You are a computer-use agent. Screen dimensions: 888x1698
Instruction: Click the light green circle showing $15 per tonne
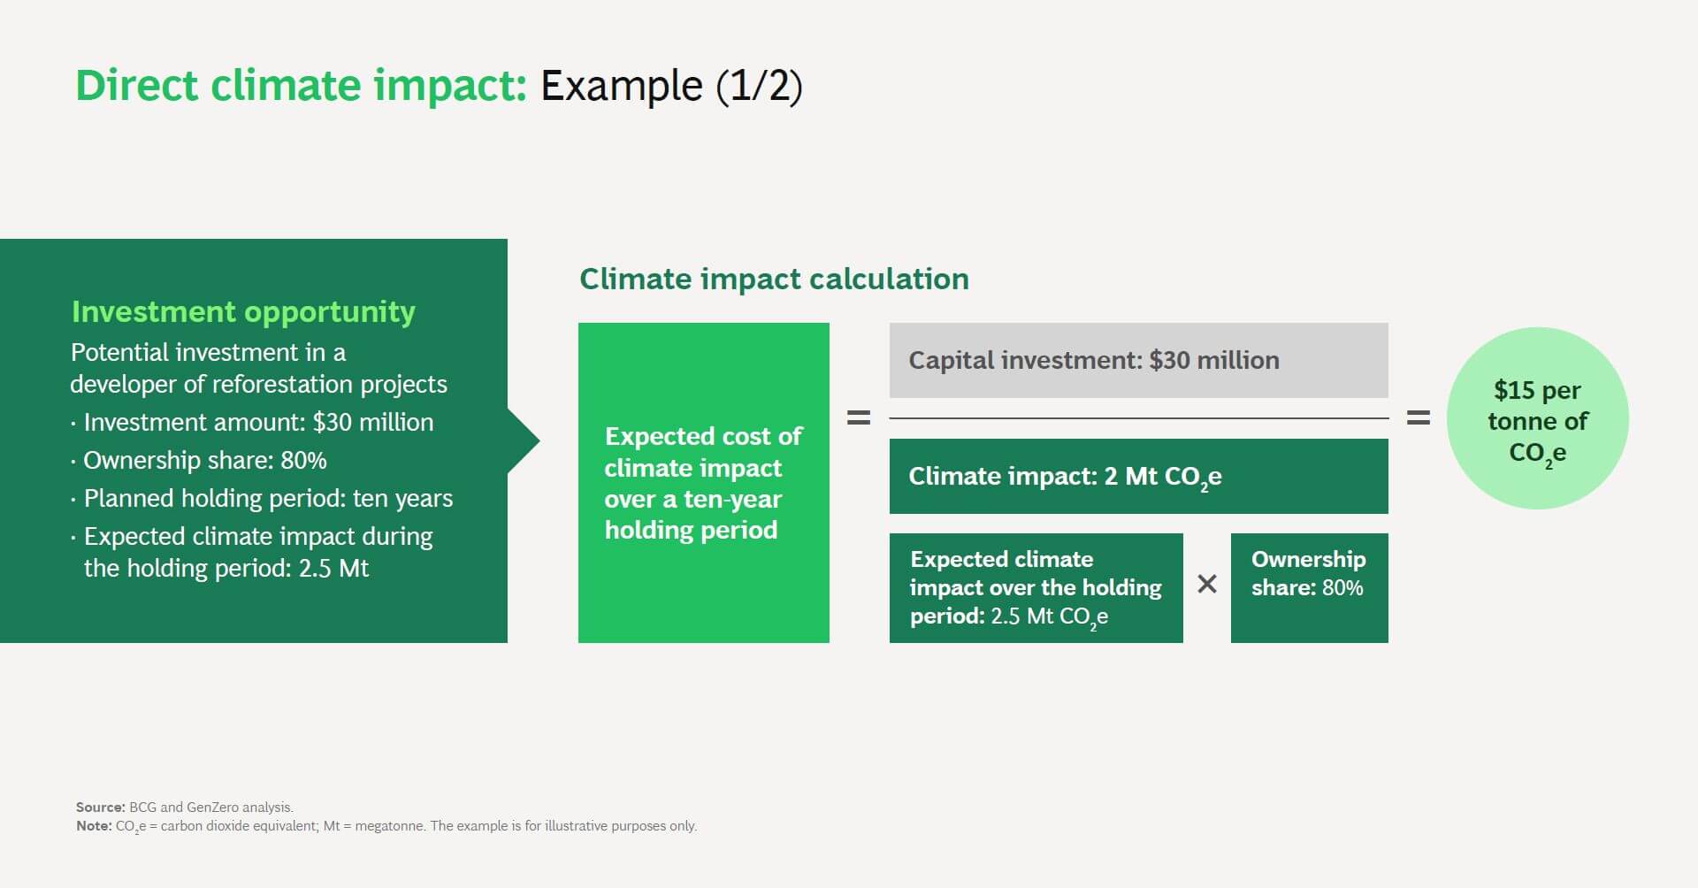pyautogui.click(x=1537, y=419)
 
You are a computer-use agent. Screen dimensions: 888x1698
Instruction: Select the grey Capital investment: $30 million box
pyautogui.click(x=1138, y=360)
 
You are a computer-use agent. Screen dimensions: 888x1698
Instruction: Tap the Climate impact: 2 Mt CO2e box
pyautogui.click(x=1138, y=476)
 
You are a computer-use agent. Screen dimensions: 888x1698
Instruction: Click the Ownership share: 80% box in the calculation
pyautogui.click(x=1309, y=587)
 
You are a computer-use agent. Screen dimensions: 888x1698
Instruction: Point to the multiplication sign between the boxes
pyautogui.click(x=1207, y=584)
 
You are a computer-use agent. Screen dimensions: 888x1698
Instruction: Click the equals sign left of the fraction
pyautogui.click(x=859, y=417)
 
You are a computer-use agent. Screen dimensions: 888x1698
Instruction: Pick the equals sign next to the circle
pyautogui.click(x=1418, y=417)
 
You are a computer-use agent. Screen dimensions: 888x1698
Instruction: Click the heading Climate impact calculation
pyautogui.click(x=774, y=279)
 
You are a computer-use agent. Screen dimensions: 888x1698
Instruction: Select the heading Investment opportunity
pyautogui.click(x=243, y=311)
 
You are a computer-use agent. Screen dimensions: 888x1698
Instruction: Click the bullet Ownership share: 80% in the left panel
pyautogui.click(x=204, y=460)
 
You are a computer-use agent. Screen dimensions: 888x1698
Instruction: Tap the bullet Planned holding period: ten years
pyautogui.click(x=267, y=498)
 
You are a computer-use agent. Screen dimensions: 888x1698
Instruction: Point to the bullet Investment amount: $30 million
pyautogui.click(x=257, y=422)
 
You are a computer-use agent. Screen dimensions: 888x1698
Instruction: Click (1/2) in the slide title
pyautogui.click(x=759, y=86)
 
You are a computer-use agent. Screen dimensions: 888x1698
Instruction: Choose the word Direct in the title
pyautogui.click(x=136, y=86)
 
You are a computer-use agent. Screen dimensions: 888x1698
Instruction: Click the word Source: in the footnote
pyautogui.click(x=100, y=807)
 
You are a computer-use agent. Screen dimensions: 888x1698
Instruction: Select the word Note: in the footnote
pyautogui.click(x=94, y=825)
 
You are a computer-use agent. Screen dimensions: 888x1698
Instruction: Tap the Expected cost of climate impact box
pyautogui.click(x=703, y=483)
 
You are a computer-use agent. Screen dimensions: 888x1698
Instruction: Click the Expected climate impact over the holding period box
pyautogui.click(x=1036, y=587)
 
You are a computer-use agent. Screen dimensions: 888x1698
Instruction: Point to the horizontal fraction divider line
pyautogui.click(x=1138, y=417)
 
